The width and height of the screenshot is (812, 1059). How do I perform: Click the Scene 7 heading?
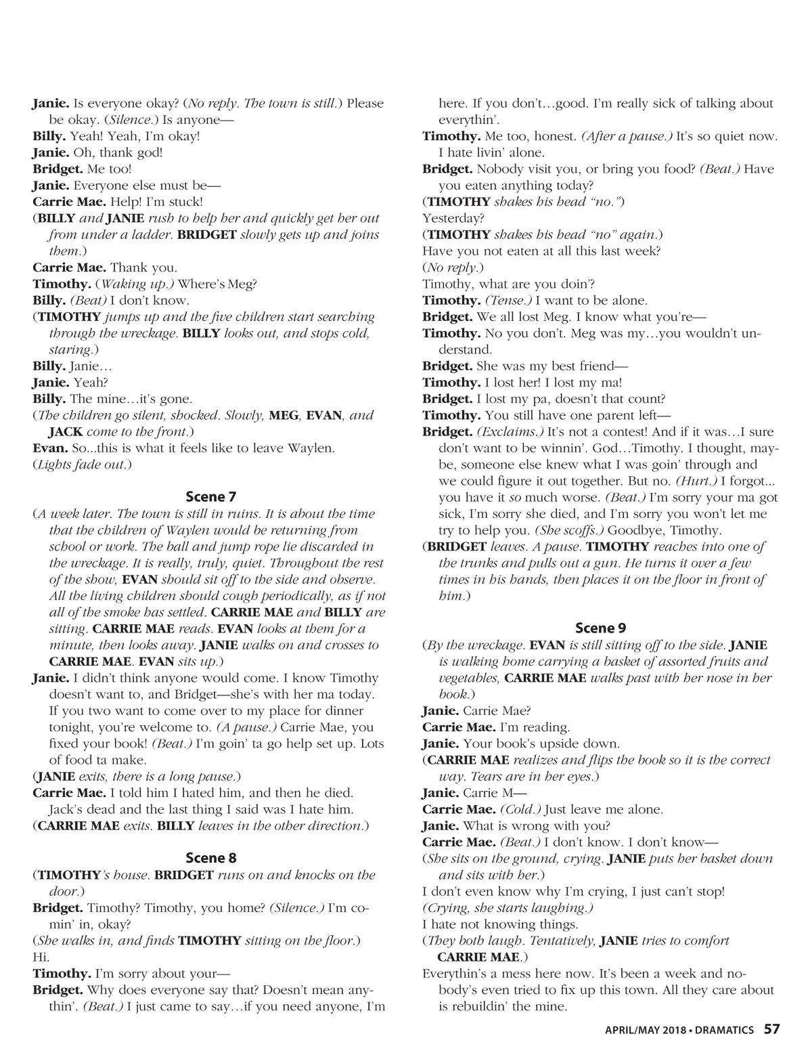(210, 496)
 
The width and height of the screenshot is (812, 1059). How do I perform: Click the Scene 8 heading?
(210, 858)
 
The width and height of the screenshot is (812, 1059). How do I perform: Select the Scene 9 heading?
(600, 628)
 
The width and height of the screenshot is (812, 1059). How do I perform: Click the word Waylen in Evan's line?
(312, 448)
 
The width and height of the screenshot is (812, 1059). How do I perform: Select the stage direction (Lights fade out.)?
(82, 464)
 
